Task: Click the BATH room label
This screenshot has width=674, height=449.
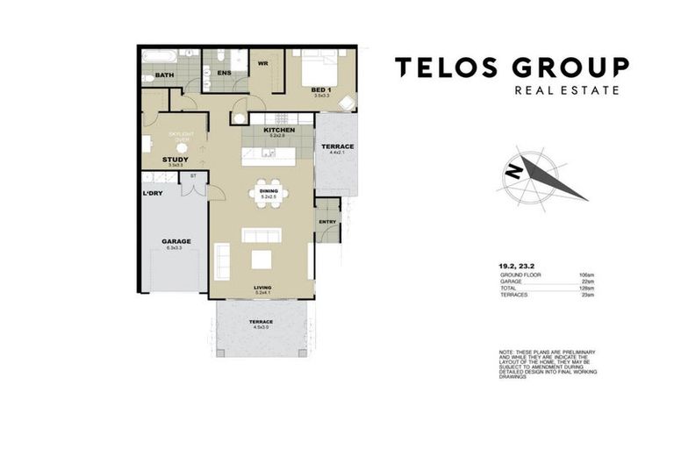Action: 164,75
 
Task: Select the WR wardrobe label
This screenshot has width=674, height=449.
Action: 262,64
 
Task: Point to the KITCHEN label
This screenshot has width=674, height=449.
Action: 279,130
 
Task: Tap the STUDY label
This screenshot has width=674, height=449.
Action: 176,159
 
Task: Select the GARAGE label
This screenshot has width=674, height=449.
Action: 176,241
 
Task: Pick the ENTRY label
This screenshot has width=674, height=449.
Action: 326,222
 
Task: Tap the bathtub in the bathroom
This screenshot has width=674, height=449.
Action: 161,57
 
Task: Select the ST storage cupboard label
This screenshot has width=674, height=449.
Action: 192,175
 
